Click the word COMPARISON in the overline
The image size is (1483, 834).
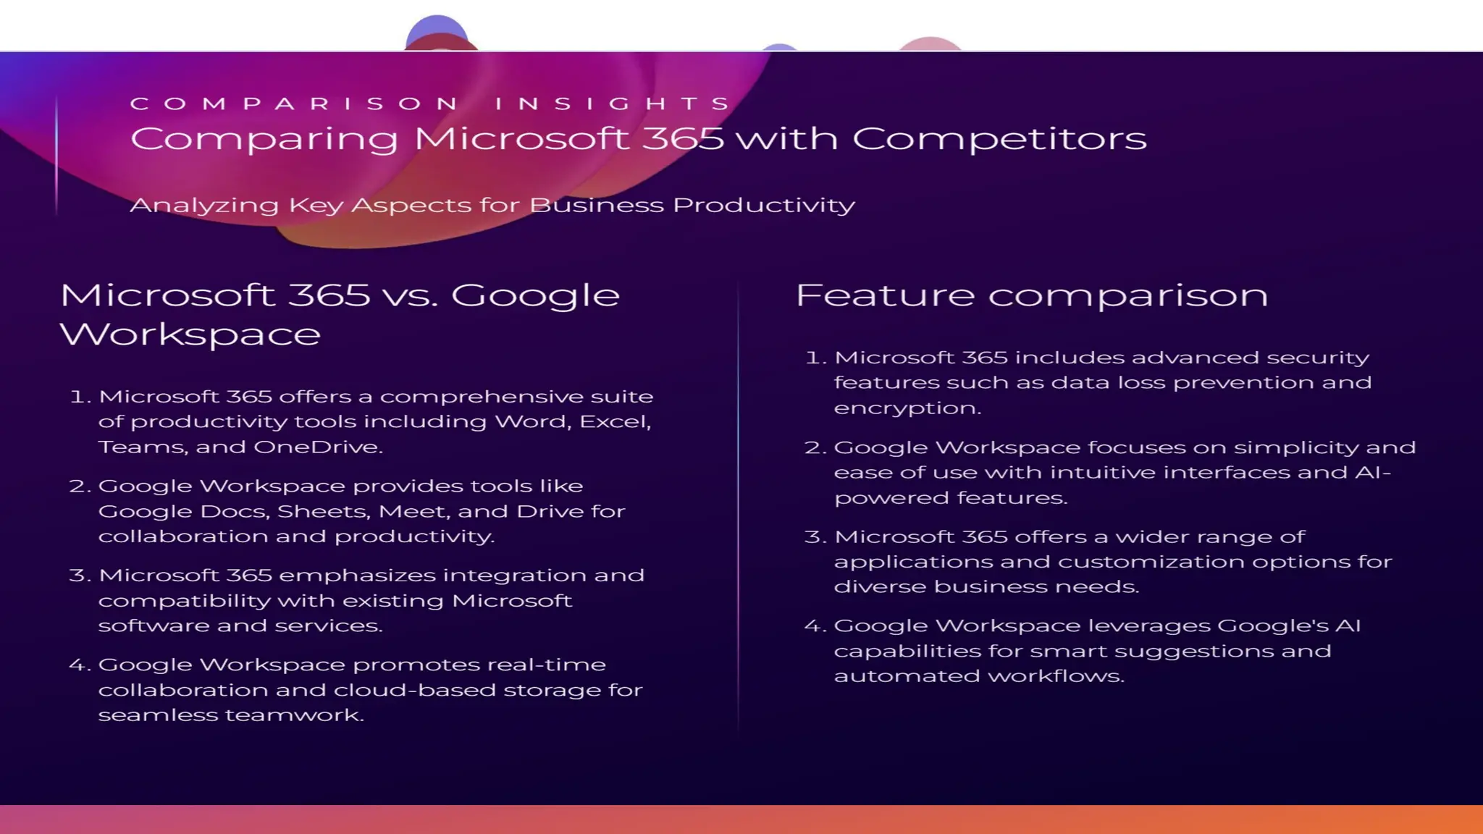[294, 104]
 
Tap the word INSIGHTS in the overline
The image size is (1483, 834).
[613, 104]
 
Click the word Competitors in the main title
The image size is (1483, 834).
[999, 139]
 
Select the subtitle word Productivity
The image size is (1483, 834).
[764, 206]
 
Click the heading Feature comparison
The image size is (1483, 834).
[1032, 295]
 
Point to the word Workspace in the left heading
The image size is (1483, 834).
[190, 334]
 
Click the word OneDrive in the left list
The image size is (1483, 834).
[317, 447]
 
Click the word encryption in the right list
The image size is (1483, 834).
[907, 408]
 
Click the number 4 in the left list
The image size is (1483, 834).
[77, 665]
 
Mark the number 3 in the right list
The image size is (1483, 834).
[812, 537]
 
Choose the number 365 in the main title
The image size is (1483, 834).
[682, 139]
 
